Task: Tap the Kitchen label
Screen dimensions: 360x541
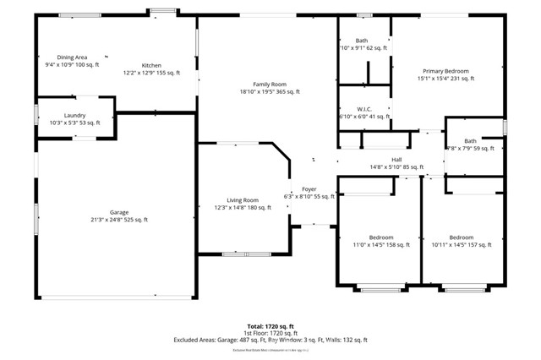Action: point(151,65)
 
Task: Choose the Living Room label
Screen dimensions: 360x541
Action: point(242,199)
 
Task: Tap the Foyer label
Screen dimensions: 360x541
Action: point(309,189)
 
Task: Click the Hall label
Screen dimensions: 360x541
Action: point(396,160)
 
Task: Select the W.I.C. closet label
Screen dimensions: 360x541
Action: point(364,108)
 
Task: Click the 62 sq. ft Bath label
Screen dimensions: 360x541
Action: point(362,41)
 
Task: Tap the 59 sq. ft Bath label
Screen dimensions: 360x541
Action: point(470,141)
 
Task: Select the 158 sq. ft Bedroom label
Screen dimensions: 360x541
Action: point(380,237)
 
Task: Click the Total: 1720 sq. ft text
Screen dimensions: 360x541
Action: point(270,325)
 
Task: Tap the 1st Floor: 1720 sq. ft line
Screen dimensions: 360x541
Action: point(270,332)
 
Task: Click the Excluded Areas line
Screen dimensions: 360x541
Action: point(270,340)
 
